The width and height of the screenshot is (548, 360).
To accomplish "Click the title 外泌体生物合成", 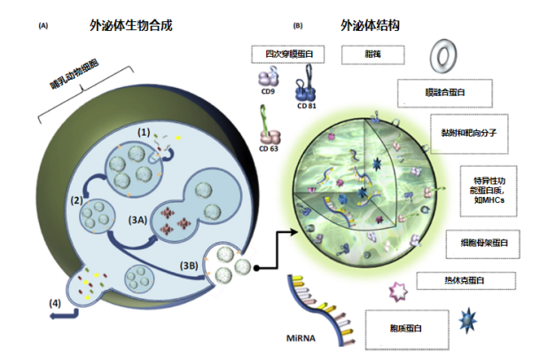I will [130, 26].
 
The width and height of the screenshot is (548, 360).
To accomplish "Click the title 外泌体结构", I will [368, 26].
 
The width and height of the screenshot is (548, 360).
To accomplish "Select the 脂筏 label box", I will [372, 55].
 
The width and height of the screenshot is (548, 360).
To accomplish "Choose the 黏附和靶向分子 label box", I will [467, 127].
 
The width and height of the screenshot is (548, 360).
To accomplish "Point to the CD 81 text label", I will [307, 108].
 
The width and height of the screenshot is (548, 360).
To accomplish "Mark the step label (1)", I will [144, 131].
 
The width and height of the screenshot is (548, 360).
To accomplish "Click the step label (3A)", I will [138, 215].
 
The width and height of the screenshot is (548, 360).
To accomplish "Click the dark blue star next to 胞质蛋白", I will [466, 317].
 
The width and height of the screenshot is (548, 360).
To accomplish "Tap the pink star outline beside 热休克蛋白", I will [400, 288].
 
